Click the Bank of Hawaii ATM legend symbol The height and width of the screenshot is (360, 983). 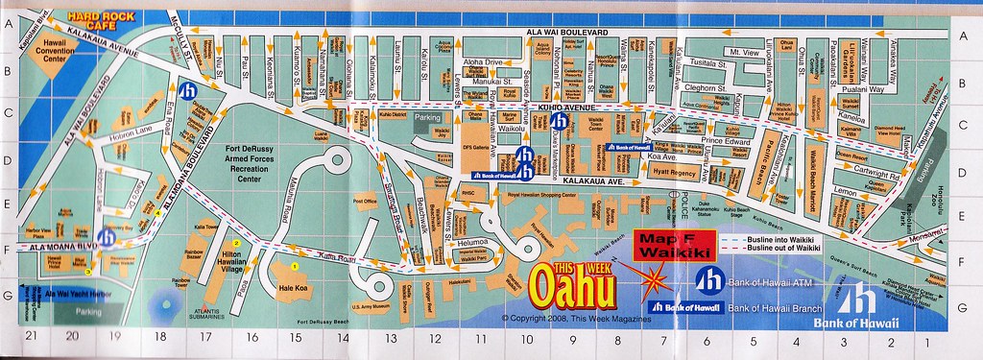coord(707,279)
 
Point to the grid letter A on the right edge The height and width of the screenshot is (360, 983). coord(962,36)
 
